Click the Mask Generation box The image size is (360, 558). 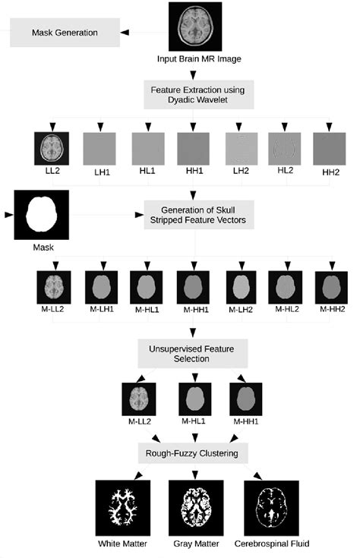(x=64, y=33)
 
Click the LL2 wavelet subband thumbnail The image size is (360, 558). (x=52, y=148)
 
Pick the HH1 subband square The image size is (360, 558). (x=193, y=148)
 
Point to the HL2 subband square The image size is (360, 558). (x=285, y=148)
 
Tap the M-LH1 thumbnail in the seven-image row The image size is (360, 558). (x=100, y=288)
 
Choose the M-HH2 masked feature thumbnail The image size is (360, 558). (x=330, y=288)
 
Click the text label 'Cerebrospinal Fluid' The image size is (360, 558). (x=271, y=544)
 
